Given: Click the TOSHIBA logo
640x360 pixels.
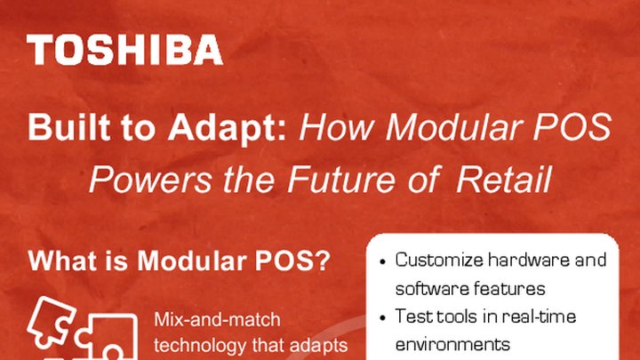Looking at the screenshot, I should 125,51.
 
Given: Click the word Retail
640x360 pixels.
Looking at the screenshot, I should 503,180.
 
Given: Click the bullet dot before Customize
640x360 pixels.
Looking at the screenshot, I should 382,262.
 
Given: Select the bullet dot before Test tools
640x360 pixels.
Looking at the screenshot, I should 382,317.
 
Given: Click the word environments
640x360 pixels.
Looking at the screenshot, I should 452,344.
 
